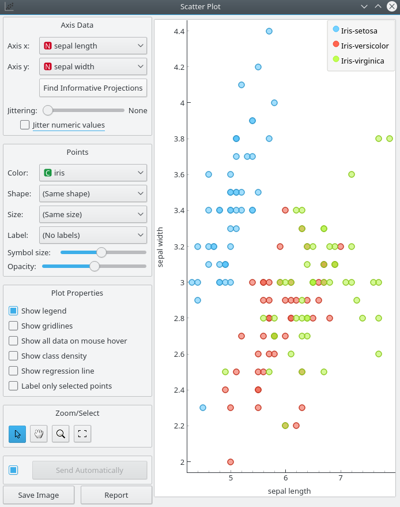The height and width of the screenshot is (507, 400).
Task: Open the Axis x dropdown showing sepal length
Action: click(93, 46)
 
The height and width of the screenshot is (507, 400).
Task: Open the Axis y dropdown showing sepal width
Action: click(93, 66)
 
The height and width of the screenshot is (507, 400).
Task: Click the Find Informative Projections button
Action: click(93, 88)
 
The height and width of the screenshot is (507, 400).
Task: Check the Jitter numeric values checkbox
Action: click(25, 125)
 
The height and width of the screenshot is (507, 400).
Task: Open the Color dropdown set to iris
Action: click(93, 173)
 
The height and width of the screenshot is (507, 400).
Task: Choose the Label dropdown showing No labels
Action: click(93, 235)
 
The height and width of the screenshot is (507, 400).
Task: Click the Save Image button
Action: click(39, 495)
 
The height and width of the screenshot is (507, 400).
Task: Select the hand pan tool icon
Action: click(39, 434)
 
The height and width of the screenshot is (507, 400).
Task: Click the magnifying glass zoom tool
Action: click(61, 434)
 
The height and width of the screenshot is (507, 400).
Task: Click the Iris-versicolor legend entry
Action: click(364, 46)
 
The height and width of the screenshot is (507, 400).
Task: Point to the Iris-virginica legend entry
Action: click(362, 60)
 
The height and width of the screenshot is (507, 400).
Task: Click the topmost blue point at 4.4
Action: click(269, 31)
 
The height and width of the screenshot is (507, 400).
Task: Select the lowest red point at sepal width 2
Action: click(231, 462)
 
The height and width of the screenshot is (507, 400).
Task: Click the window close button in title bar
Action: click(391, 6)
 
